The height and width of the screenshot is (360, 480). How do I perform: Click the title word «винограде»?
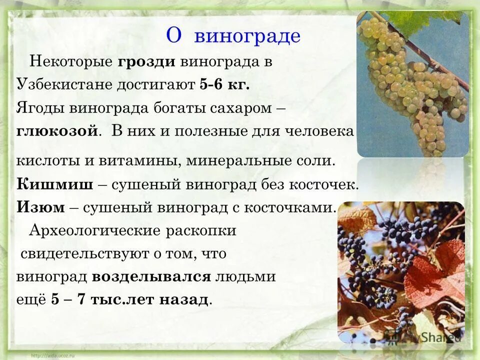(247, 36)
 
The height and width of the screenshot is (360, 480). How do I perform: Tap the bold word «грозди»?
(146, 62)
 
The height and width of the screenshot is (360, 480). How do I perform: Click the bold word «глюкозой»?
(56, 131)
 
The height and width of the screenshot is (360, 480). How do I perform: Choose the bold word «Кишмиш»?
(55, 184)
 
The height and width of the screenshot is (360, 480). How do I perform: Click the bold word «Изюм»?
(41, 207)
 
